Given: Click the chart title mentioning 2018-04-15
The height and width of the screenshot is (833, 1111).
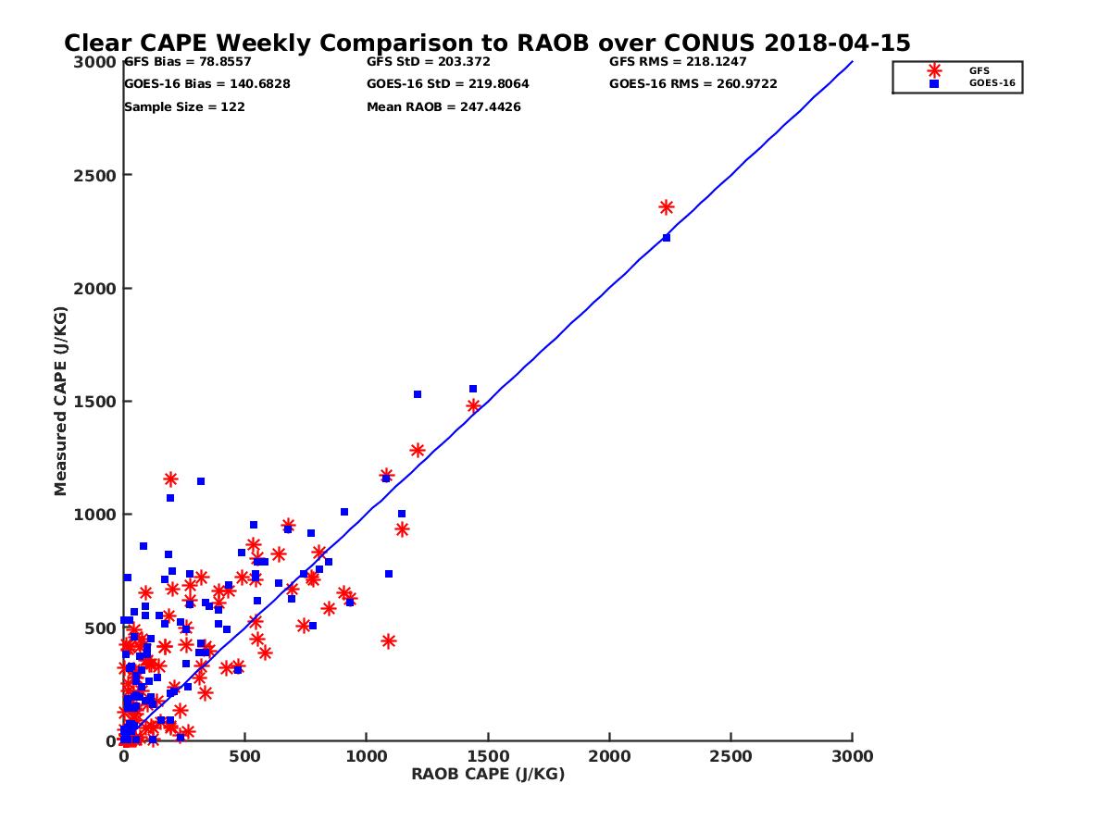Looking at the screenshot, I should (487, 43).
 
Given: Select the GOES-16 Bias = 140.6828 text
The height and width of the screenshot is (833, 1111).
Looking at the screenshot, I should (206, 84).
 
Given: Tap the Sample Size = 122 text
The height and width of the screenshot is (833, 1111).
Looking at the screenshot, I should (184, 107).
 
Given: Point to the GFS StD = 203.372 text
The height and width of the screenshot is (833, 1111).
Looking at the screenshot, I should (428, 62).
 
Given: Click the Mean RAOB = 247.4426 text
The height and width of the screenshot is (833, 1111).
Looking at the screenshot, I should (443, 107).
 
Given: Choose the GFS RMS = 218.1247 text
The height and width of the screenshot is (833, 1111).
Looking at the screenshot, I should (678, 62).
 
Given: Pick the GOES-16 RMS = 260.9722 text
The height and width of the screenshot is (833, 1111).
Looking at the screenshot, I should (693, 84).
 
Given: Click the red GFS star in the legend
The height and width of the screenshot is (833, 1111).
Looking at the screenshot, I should (934, 70).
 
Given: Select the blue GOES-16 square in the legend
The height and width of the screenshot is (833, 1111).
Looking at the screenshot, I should (934, 83).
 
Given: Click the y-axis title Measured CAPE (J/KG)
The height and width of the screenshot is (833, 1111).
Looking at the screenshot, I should (61, 402).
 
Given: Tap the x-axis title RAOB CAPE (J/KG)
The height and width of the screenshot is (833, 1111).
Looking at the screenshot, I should (488, 775).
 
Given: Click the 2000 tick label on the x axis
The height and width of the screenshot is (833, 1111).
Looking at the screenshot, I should (609, 756).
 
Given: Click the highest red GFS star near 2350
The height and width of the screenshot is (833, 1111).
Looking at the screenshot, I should (667, 207).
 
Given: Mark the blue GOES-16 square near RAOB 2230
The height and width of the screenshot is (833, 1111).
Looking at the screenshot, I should (666, 238).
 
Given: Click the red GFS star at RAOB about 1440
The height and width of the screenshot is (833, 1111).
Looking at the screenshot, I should (473, 405).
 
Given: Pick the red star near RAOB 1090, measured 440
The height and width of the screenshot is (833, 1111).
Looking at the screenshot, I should (389, 640).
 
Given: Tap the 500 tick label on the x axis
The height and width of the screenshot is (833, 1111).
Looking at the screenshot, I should (244, 756).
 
